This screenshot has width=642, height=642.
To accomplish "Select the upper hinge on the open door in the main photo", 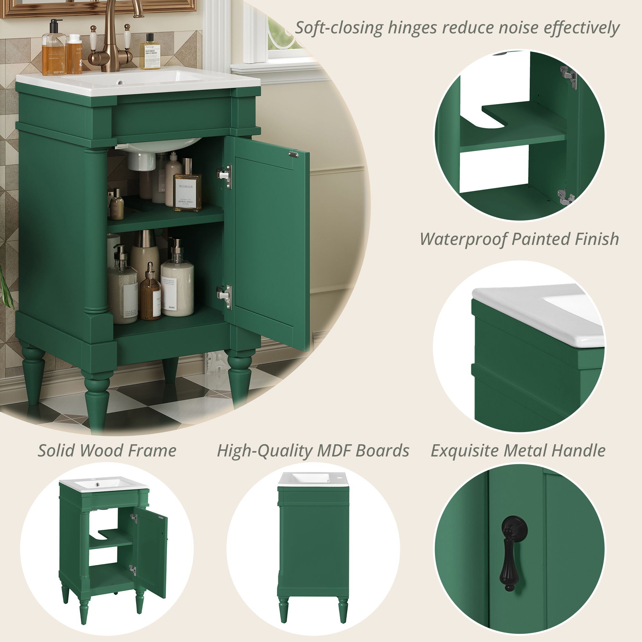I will [225, 177].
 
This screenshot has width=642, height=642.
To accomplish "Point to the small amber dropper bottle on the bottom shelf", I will [150, 292].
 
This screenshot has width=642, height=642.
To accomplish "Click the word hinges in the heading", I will [412, 28].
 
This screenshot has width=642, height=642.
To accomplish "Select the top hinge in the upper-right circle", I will [569, 77].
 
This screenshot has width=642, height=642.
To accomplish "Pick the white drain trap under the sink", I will [142, 161].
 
